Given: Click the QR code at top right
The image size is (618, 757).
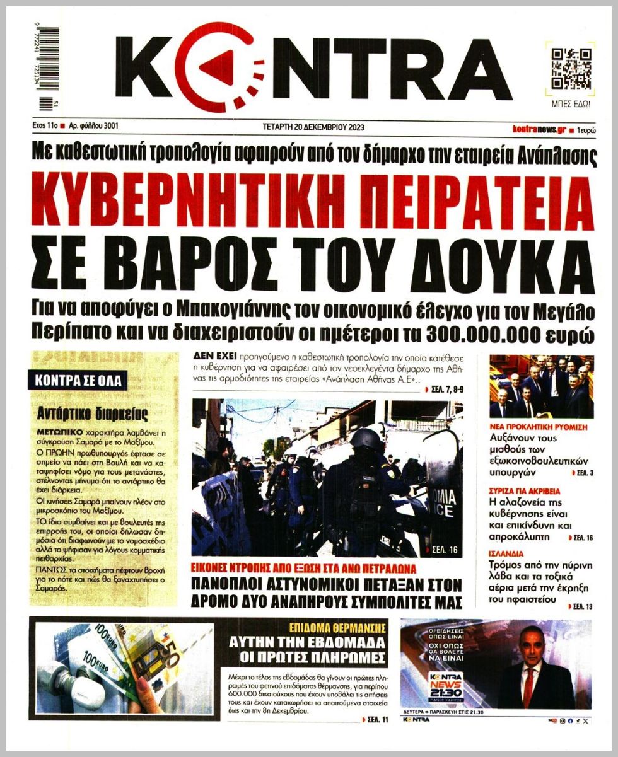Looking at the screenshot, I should [x=571, y=67].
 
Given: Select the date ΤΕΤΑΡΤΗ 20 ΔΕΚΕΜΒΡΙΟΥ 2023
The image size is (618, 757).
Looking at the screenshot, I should [x=313, y=127].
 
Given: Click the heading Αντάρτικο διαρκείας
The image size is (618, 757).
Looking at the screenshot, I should [x=93, y=414].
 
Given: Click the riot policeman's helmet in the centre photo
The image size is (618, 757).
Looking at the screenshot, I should [x=368, y=439].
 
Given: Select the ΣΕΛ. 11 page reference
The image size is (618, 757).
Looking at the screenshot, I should [x=376, y=719].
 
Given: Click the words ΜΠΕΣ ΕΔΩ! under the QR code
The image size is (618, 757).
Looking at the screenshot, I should [x=571, y=103].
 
